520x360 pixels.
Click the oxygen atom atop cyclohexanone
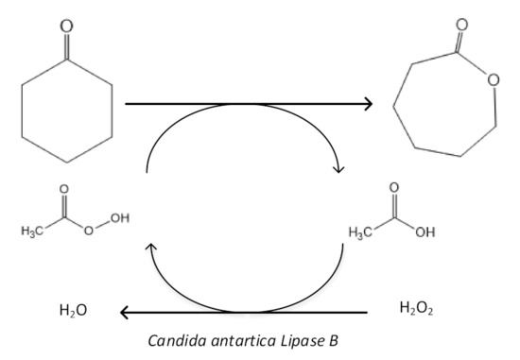pos(65,25)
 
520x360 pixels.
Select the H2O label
pos(72,309)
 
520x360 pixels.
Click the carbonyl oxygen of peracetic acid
pos(64,188)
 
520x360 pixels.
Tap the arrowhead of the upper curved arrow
pos(338,169)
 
